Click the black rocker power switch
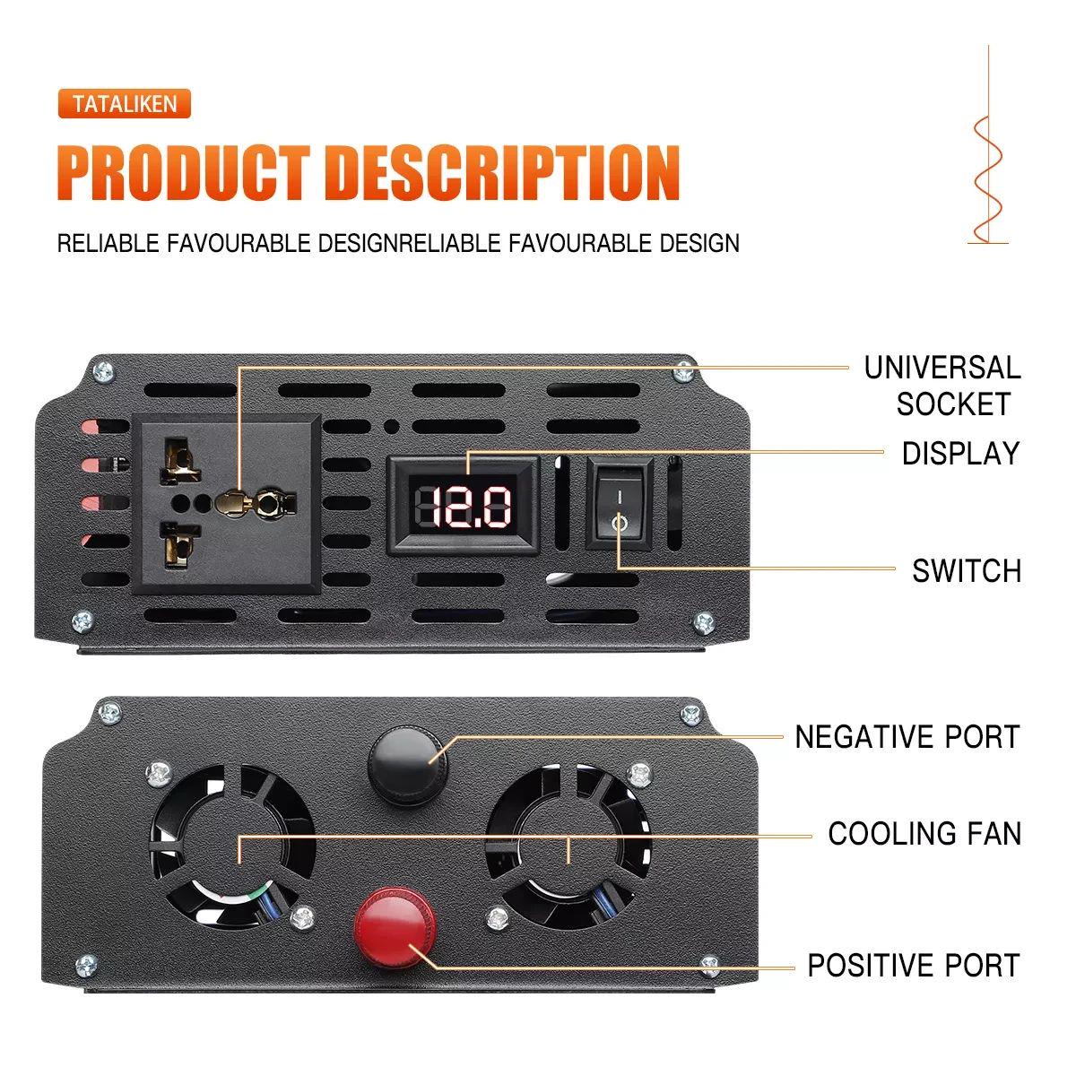(620, 501)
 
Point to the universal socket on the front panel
(226, 504)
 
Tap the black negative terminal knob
(405, 764)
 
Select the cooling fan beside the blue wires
(568, 843)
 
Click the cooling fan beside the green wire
(235, 843)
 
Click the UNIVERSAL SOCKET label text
(942, 386)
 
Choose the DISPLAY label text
(960, 454)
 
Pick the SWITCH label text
(967, 570)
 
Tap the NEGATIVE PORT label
(907, 737)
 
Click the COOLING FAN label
(924, 834)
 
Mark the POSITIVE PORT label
(914, 966)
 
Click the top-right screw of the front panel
(685, 368)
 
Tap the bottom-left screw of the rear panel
(85, 966)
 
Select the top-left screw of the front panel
(104, 368)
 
